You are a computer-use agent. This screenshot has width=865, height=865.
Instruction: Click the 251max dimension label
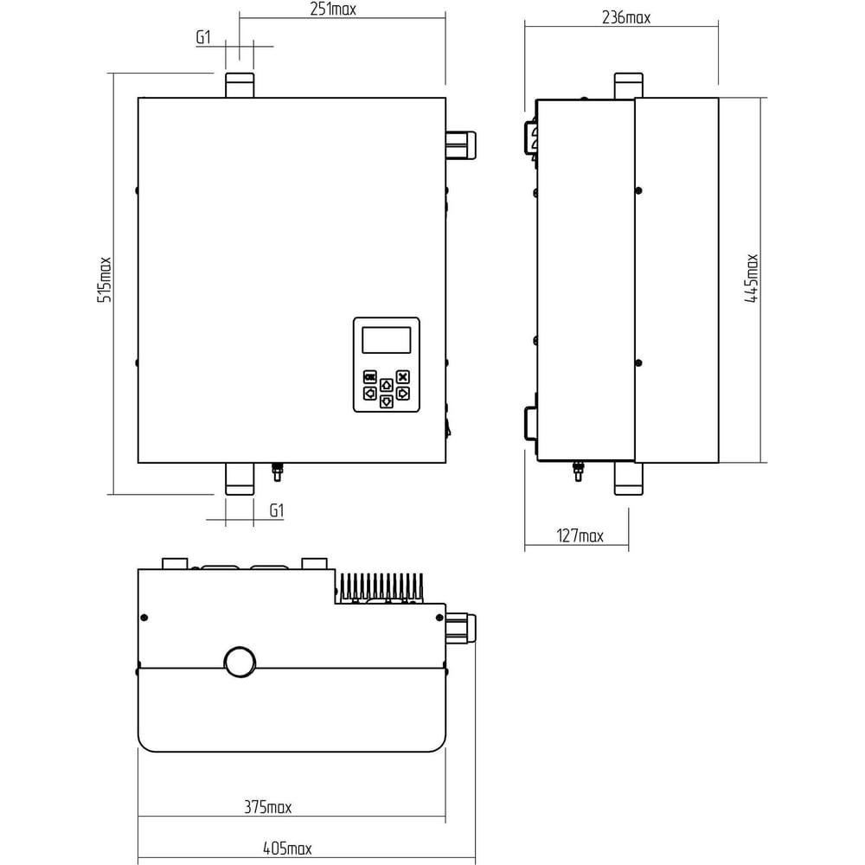click(x=333, y=10)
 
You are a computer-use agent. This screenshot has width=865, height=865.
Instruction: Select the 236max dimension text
click(x=626, y=18)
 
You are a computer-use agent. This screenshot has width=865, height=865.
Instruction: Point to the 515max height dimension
click(x=105, y=279)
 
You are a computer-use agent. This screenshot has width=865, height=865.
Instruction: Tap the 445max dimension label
click(x=752, y=278)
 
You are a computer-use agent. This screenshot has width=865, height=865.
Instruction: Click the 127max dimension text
click(x=580, y=535)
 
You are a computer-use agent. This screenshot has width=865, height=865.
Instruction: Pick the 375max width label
click(x=267, y=807)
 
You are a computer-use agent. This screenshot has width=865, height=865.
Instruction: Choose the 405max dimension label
click(x=287, y=848)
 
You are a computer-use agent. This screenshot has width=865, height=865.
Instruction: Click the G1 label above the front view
click(x=203, y=37)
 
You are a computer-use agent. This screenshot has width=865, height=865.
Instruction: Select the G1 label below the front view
click(x=277, y=511)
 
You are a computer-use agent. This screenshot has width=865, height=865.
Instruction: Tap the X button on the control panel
click(x=403, y=377)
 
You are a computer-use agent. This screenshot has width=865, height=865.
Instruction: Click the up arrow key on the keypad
click(x=387, y=385)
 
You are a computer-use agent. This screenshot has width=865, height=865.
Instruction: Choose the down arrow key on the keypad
click(x=387, y=401)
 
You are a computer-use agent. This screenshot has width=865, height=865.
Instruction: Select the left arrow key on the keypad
click(x=369, y=394)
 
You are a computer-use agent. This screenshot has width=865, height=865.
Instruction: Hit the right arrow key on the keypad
click(x=403, y=394)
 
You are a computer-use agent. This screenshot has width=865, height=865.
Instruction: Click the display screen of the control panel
click(x=386, y=340)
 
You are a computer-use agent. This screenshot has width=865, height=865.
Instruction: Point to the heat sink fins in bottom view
click(x=381, y=587)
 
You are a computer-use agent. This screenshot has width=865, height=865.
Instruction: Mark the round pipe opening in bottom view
click(x=240, y=662)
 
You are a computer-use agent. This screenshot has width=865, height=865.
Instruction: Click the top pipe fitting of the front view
click(x=240, y=85)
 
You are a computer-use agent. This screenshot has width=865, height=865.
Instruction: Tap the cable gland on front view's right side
click(x=461, y=144)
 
